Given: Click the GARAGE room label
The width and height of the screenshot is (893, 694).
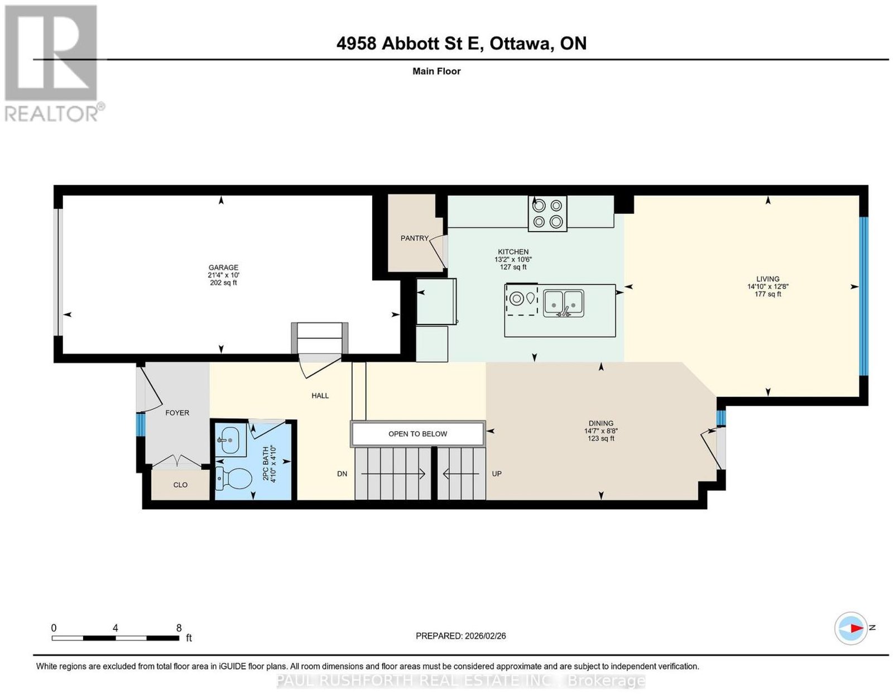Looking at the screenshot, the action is (223, 267).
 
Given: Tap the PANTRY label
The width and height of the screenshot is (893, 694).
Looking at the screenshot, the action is (414, 238).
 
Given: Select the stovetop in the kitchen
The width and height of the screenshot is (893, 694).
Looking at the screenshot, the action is (547, 214).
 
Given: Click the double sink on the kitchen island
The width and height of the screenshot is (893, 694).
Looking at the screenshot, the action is (563, 303).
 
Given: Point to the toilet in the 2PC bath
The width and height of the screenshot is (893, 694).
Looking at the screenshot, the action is (233, 478).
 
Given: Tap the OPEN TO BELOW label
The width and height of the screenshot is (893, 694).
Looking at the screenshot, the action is (417, 434).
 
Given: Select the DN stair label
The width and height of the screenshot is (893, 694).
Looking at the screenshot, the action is (342, 474).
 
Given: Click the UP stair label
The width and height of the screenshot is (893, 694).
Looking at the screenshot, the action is (496, 474).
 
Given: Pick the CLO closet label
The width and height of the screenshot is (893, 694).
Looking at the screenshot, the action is (180, 485).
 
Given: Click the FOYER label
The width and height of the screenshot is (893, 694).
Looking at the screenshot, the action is (177, 413).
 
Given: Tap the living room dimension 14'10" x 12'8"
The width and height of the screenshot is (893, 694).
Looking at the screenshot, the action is (767, 287).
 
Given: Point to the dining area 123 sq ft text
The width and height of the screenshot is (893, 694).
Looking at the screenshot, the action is (601, 438).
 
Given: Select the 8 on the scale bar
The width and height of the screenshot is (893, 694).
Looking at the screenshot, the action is (179, 628).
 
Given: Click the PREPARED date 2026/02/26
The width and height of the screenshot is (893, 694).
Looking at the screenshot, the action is (486, 636).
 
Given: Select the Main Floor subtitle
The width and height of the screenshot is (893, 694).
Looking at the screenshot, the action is (436, 71).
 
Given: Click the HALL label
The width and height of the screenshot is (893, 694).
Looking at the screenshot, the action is (320, 396).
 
